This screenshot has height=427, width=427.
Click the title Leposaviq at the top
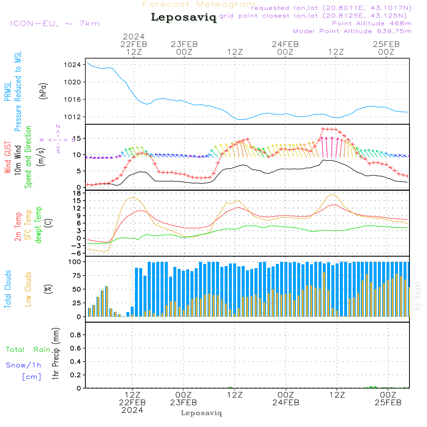coord(184,18)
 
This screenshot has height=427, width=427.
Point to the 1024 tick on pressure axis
coord(72,65)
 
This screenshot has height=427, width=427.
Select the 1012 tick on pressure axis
coord(72,117)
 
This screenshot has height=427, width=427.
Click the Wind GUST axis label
coord(8,157)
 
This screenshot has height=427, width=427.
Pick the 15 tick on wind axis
coord(76,139)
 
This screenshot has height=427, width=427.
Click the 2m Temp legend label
coord(18,227)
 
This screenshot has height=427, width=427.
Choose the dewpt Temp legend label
coord(38,225)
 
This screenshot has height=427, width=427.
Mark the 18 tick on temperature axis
coord(77,193)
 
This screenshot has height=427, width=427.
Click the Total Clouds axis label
coord(8,289)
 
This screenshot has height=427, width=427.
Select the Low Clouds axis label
coord(28,289)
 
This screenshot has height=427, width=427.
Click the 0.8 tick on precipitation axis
coord(76,335)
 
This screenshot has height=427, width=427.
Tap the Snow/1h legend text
coord(23,365)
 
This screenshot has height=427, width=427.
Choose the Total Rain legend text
coord(28,350)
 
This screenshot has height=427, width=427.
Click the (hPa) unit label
coord(43,91)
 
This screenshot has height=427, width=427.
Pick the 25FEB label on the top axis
coord(386,44)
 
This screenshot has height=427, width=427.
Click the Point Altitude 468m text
coord(372,23)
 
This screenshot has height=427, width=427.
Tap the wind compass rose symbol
coord(58,139)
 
